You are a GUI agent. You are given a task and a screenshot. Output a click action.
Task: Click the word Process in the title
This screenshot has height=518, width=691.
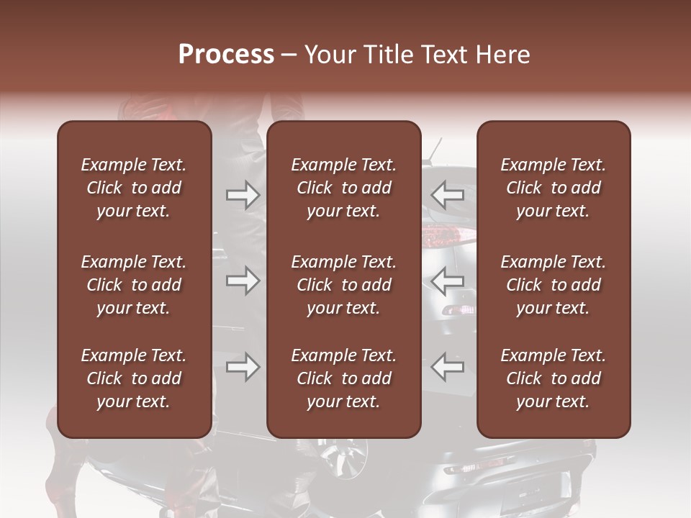(x=226, y=55)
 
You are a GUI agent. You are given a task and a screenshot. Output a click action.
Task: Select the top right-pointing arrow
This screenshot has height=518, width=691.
(x=243, y=194)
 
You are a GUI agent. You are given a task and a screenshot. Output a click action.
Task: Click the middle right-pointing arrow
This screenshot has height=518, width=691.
(x=243, y=281)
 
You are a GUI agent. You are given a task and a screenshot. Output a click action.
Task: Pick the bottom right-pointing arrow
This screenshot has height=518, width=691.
(x=243, y=367)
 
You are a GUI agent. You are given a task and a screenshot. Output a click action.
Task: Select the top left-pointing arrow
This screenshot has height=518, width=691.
(x=447, y=194)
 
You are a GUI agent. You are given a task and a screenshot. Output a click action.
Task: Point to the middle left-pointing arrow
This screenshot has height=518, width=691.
(x=447, y=281)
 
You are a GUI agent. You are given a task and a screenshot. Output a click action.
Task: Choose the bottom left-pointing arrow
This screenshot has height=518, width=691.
(x=447, y=367)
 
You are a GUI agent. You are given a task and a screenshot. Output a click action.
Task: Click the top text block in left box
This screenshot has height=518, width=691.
(x=134, y=188)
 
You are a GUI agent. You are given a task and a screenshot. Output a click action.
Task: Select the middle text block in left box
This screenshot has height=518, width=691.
(x=134, y=285)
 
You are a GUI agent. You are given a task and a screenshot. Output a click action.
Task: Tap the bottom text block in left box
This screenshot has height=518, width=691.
(x=134, y=378)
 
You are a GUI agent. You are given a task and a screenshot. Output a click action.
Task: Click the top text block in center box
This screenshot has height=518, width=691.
(x=344, y=188)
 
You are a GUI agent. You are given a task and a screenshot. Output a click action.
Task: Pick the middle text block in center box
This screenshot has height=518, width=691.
(x=344, y=285)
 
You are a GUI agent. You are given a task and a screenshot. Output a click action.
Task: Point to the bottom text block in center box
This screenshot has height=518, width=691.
(x=344, y=378)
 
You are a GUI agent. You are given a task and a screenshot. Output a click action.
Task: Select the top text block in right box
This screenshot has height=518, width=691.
(x=554, y=188)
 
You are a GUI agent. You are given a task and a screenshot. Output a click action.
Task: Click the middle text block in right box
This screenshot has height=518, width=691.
(x=554, y=285)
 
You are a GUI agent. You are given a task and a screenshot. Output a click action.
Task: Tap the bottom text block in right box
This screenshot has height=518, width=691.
(x=554, y=378)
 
